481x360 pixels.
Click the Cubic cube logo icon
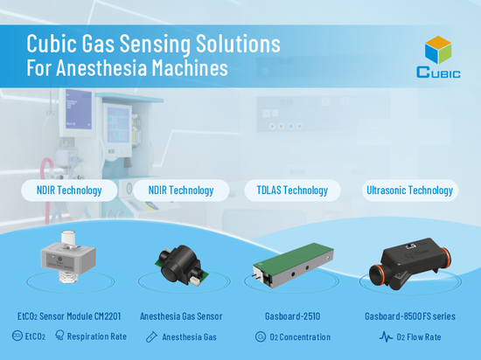click(x=438, y=50)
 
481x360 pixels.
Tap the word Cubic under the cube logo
click(x=438, y=73)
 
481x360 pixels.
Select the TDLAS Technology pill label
click(x=292, y=190)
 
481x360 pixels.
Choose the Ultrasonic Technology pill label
click(x=410, y=190)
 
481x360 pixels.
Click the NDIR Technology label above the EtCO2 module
click(x=69, y=190)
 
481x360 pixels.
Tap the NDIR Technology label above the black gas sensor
click(x=181, y=190)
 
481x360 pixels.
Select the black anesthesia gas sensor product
click(x=181, y=265)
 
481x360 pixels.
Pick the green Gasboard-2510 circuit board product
click(x=293, y=266)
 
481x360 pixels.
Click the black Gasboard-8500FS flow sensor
click(x=410, y=264)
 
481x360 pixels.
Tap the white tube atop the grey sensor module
click(x=69, y=238)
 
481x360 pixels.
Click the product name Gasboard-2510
click(x=293, y=316)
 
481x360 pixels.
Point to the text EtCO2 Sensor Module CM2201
click(x=69, y=316)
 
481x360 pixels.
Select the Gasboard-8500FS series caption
click(x=410, y=316)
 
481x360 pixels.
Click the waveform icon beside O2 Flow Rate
click(x=386, y=336)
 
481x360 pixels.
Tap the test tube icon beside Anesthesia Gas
click(x=151, y=336)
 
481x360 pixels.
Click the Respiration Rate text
click(x=97, y=336)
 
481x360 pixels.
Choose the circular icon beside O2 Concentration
click(x=261, y=336)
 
